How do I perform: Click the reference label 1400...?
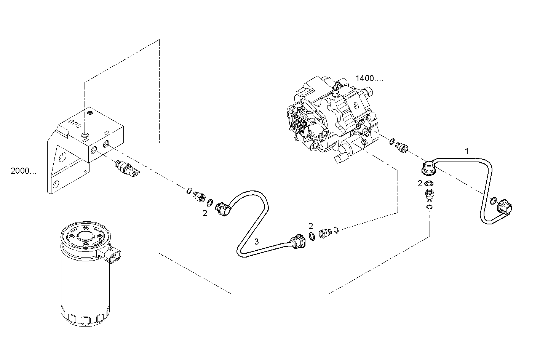click(369, 79)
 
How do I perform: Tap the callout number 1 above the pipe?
click(467, 151)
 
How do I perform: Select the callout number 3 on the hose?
click(257, 241)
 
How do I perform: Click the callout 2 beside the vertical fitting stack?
click(420, 184)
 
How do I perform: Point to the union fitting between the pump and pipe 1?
click(401, 147)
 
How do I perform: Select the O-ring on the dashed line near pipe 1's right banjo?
click(492, 200)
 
